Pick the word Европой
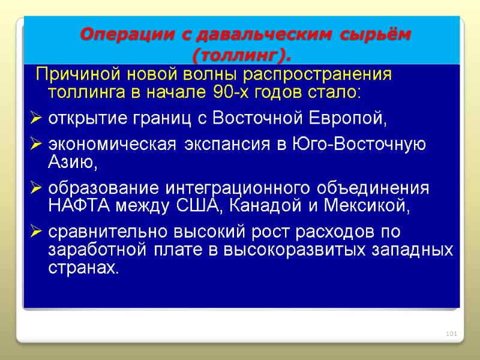click(345, 119)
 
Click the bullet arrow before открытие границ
click(35, 119)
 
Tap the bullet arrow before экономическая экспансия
click(35, 145)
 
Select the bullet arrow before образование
click(35, 188)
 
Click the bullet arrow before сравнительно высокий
click(35, 232)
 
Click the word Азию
click(71, 162)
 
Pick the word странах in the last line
click(82, 267)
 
